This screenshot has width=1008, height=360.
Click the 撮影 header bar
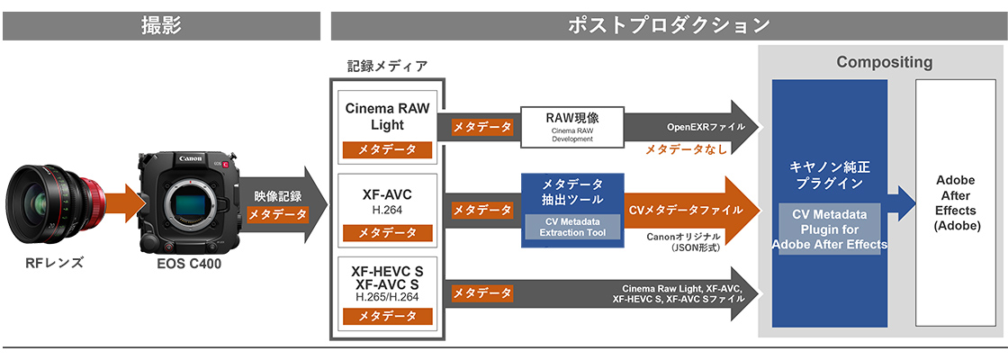(x=161, y=25)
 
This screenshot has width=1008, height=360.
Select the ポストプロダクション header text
(x=668, y=25)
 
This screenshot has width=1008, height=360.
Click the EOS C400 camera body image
(x=188, y=203)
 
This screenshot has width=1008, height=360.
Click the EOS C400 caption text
(x=188, y=264)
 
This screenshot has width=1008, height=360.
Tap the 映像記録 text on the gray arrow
(x=278, y=195)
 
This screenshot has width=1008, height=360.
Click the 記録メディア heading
(x=387, y=66)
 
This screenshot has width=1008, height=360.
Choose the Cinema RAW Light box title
(x=387, y=116)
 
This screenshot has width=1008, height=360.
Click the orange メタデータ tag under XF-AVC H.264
(x=387, y=233)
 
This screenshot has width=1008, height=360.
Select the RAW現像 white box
(x=572, y=126)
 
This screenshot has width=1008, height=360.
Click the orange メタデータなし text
(x=686, y=149)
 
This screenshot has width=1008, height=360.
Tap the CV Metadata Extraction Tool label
(x=572, y=227)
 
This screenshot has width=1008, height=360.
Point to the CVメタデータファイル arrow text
(x=686, y=210)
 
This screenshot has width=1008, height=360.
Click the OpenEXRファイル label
(x=706, y=126)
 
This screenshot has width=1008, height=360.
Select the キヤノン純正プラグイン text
(x=826, y=174)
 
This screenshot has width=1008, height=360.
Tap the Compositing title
(x=884, y=63)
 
